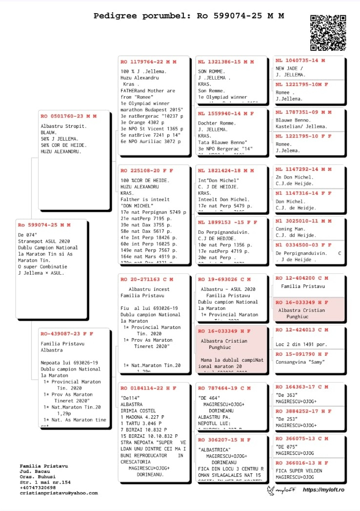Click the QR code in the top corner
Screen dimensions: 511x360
pos(328,33)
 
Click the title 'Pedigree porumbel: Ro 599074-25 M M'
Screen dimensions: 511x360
pos(189,16)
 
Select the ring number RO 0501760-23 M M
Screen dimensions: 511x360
pos(68,116)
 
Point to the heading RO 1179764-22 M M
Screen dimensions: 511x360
pos(148,62)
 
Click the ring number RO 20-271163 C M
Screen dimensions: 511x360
pos(146,280)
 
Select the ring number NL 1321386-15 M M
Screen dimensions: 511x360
pos(226,62)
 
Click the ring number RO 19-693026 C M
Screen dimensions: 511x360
pos(224,280)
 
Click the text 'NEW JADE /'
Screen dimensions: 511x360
pos(289,68)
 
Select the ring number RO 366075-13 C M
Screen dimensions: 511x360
pos(302,439)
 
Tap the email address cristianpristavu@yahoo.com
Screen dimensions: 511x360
pos(59,493)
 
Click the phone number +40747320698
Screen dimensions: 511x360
pos(38,488)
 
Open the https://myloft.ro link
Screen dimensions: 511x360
pos(323,490)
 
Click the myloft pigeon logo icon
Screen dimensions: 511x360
pos(273,490)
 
